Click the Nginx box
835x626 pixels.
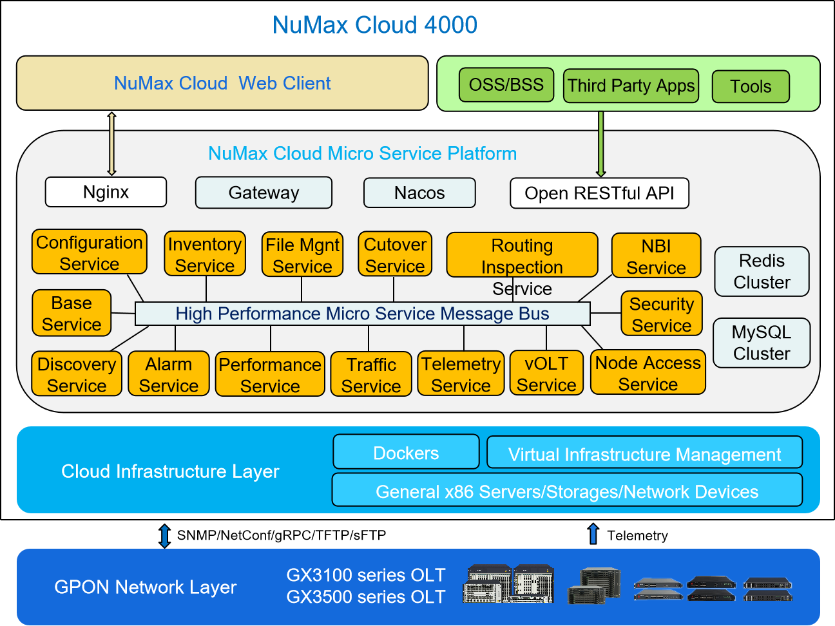(106, 192)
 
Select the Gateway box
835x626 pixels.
(264, 193)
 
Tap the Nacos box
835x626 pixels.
(419, 193)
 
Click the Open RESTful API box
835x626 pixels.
(599, 193)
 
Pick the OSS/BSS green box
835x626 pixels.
(506, 85)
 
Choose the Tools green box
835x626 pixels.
(751, 86)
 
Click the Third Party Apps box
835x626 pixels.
(631, 86)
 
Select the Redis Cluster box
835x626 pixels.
(762, 271)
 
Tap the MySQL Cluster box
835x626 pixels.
(762, 343)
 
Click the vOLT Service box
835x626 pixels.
(546, 373)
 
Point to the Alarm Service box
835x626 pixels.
(169, 374)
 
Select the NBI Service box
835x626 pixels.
(656, 256)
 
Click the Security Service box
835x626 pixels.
(662, 314)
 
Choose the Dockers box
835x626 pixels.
(406, 452)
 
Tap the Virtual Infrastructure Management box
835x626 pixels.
(644, 453)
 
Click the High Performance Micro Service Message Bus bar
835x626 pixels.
(362, 314)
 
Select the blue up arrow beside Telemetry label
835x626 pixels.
(593, 534)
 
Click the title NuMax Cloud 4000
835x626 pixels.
(374, 24)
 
